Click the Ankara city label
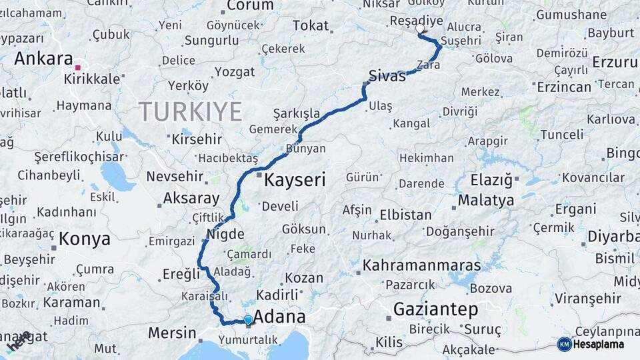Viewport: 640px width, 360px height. pos(43,59)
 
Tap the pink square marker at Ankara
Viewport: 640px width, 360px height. pos(77,67)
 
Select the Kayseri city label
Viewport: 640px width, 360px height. pos(295,180)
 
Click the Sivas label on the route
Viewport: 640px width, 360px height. pos(387,76)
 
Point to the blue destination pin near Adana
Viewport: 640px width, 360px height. pos(248,320)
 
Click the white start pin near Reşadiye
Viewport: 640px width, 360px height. pos(420,29)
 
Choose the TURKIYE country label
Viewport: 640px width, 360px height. pos(190,111)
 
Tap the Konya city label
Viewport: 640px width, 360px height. pos(83,239)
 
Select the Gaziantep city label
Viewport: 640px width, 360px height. pos(436,309)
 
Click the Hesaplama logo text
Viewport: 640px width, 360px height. pos(599,344)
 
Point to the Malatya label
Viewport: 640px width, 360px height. pos(486,201)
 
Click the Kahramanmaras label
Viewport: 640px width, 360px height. pos(421,265)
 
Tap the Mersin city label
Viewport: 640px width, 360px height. pos(172,333)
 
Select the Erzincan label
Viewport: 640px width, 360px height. pos(563,87)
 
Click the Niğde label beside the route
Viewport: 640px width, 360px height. pos(221,234)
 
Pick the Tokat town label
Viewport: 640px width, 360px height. pos(311,26)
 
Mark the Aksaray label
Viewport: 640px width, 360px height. pos(191,198)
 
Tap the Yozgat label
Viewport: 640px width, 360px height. pos(235,71)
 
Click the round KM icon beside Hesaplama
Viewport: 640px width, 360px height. pos(564,344)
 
